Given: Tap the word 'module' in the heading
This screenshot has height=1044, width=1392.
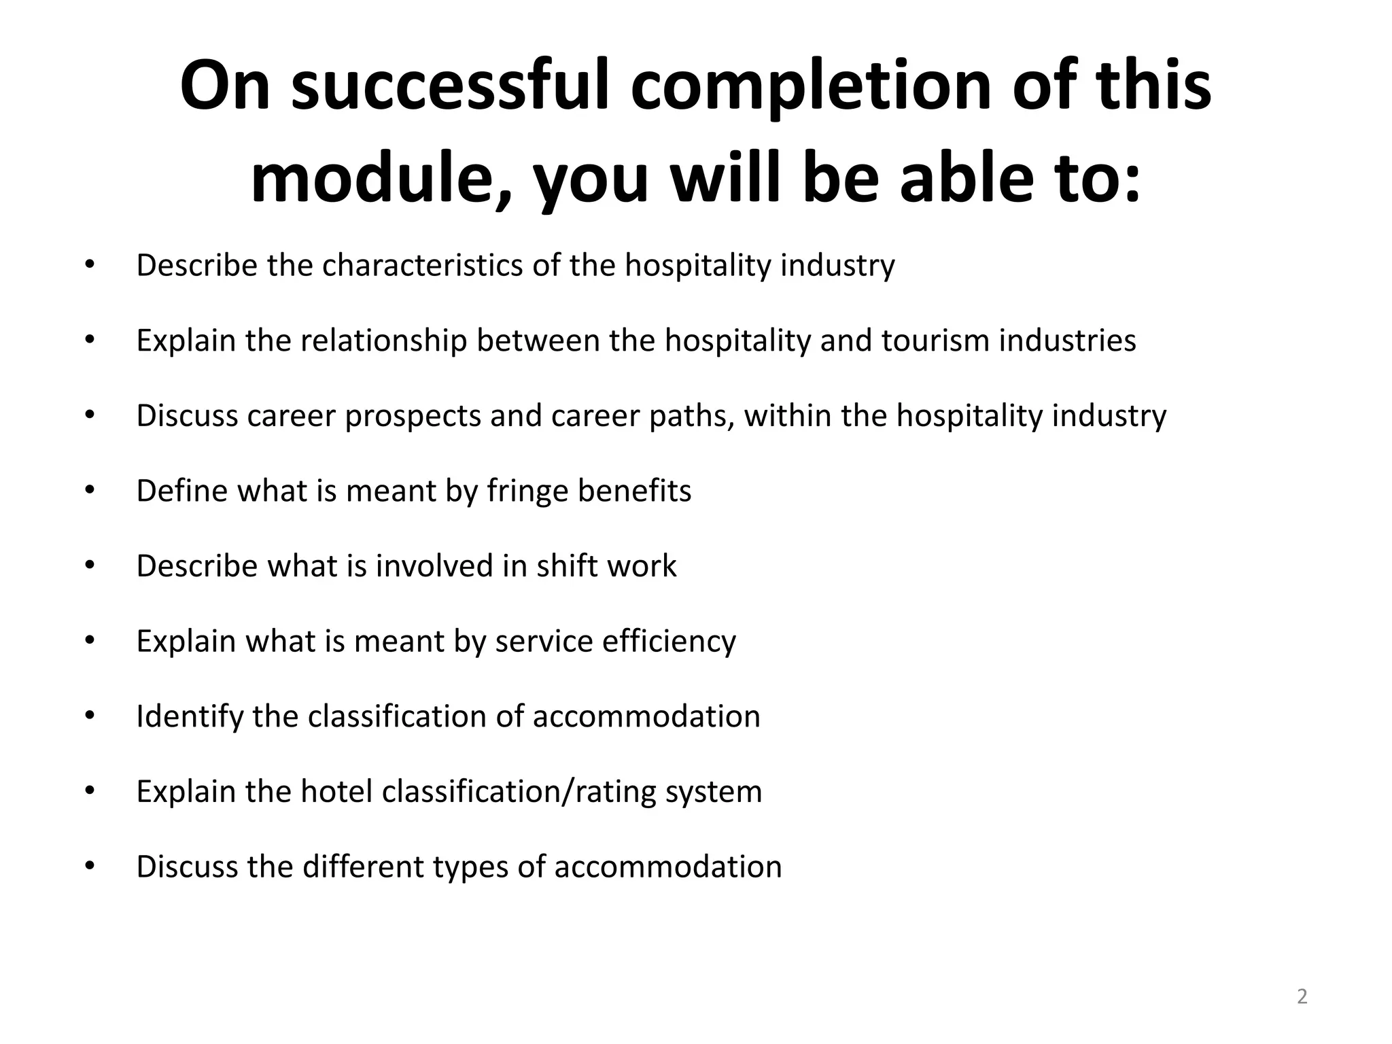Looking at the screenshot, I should pyautogui.click(x=370, y=179).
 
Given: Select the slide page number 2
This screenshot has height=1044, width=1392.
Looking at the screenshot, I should pyautogui.click(x=1302, y=996).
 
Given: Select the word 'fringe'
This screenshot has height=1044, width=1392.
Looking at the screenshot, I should pyautogui.click(x=527, y=491).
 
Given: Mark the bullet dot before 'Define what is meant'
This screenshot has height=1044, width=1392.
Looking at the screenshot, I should pyautogui.click(x=90, y=490).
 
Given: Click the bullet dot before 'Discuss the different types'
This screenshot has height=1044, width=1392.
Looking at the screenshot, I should pyautogui.click(x=90, y=866).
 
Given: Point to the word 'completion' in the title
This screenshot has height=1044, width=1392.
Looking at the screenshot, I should pyautogui.click(x=813, y=87).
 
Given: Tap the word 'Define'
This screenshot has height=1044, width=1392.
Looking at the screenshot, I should pyautogui.click(x=179, y=491).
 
